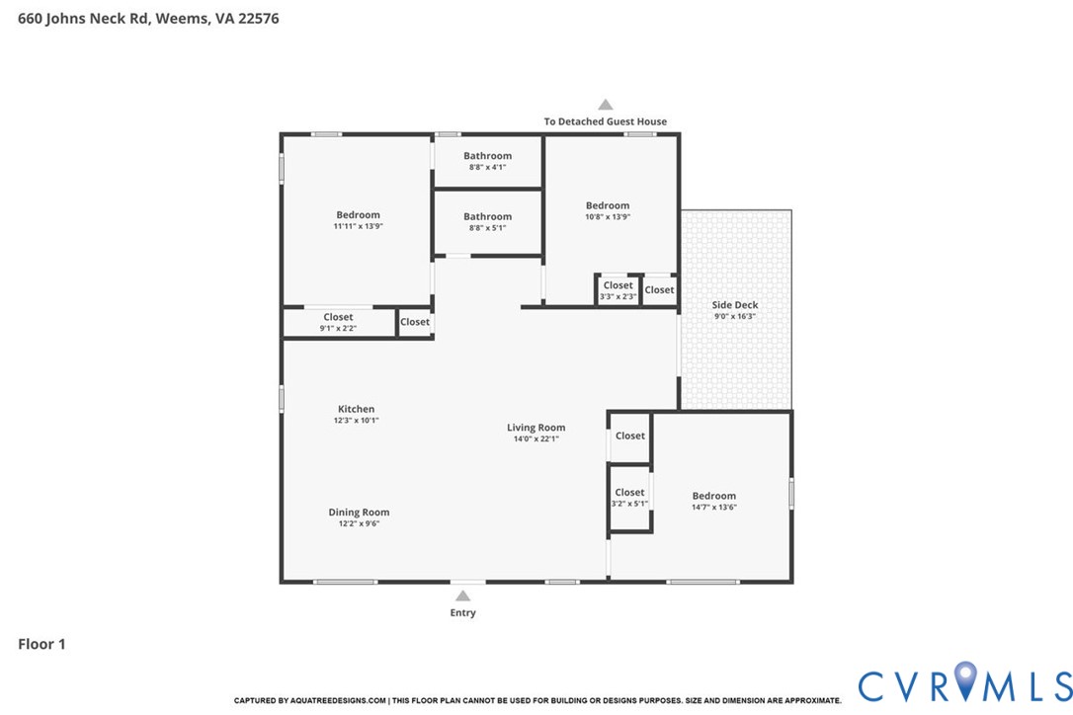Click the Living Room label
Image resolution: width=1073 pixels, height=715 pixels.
point(536,428)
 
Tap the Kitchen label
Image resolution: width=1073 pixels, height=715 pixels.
point(356,409)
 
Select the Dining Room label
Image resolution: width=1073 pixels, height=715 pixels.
point(359,513)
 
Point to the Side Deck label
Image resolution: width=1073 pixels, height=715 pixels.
point(735,305)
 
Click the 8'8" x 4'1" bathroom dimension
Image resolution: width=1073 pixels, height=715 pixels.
point(487,167)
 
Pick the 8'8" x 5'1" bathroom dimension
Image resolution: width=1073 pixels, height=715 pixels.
point(487,228)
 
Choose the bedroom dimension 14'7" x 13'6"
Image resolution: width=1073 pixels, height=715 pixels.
point(713,507)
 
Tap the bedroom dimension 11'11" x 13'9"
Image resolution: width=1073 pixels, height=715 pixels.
point(358,226)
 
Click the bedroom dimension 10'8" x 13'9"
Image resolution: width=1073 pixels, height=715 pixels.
point(608,217)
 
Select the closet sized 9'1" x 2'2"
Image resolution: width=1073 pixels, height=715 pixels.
point(338,322)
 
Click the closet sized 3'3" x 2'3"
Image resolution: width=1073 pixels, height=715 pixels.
point(618,290)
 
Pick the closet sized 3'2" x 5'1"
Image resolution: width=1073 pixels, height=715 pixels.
point(629,498)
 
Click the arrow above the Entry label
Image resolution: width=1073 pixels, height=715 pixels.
point(462,596)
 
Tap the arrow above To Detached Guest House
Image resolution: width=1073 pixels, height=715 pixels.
point(605,105)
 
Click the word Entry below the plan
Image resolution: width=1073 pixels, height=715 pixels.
point(462,613)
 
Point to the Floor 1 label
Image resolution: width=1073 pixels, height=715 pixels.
point(41,644)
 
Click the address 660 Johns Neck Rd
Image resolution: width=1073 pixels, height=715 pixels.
point(83,19)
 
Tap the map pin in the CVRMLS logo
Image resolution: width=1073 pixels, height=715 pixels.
point(965,680)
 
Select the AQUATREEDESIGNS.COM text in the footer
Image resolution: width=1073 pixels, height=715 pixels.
point(338,700)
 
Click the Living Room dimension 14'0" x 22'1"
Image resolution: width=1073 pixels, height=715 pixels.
point(536,438)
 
